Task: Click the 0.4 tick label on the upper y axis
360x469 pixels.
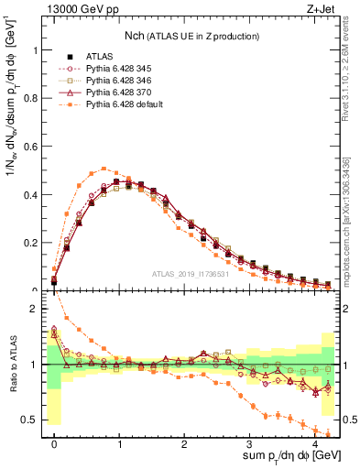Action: (x=34, y=195)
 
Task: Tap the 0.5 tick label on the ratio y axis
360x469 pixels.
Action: (x=34, y=420)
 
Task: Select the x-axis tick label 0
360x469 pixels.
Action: (x=55, y=443)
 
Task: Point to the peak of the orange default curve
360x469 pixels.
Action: (x=105, y=169)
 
